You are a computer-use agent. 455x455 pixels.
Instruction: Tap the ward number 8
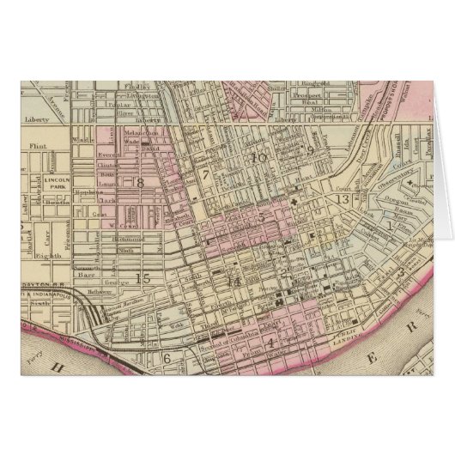click(x=138, y=182)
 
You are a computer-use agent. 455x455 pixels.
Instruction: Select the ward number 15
click(x=143, y=276)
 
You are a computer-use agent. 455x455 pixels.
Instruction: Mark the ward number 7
click(x=206, y=175)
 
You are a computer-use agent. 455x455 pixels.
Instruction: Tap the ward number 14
click(x=233, y=281)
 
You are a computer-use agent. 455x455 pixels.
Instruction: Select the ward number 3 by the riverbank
click(x=400, y=272)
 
